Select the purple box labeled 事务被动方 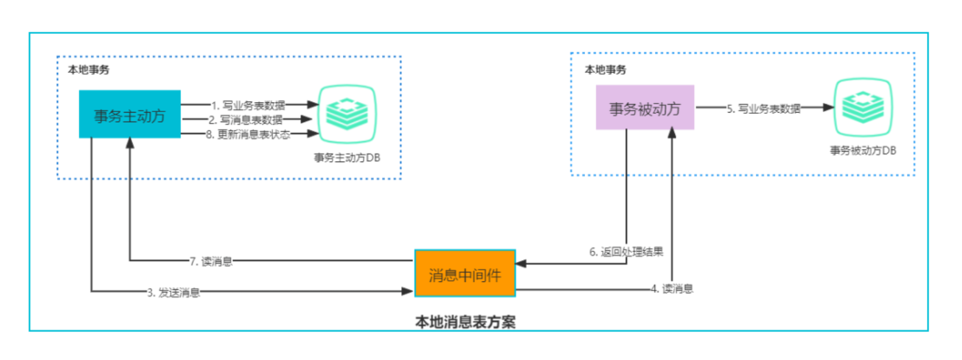645,108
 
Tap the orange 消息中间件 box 465,273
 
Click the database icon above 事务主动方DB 347,114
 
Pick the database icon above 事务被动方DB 863,107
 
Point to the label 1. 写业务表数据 248,105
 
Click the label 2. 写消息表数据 246,120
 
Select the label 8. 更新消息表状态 248,134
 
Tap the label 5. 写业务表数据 764,109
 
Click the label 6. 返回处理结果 626,252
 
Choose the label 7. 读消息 211,261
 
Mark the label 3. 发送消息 173,293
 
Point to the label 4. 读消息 672,289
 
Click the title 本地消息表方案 465,322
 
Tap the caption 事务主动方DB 347,158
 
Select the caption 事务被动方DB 863,150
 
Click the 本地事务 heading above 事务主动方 89,70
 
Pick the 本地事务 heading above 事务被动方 605,70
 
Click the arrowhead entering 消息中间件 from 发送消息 408,291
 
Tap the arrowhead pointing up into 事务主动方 130,143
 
